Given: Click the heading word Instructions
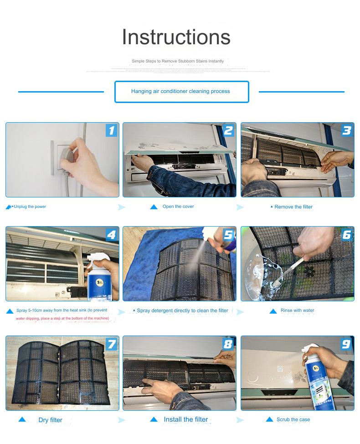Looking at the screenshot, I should click(x=176, y=37).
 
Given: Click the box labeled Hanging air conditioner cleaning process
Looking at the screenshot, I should click(x=181, y=92).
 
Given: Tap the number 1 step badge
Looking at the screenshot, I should click(x=111, y=130).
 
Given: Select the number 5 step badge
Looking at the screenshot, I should click(x=228, y=235).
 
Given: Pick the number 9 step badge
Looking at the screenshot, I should click(x=346, y=344).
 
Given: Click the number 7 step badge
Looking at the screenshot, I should click(x=111, y=344).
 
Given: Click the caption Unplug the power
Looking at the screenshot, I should click(x=30, y=207).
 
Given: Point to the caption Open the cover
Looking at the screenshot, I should click(x=178, y=207).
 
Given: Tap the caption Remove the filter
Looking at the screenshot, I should click(x=293, y=207).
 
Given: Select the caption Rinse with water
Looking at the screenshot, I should click(x=297, y=310).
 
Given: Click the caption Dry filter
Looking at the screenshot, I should click(x=50, y=420).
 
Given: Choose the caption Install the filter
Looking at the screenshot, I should click(x=186, y=419).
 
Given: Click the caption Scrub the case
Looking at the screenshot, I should click(x=293, y=419).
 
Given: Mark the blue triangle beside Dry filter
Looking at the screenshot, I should click(x=22, y=419).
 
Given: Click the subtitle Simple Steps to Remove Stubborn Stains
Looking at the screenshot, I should click(x=178, y=61).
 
